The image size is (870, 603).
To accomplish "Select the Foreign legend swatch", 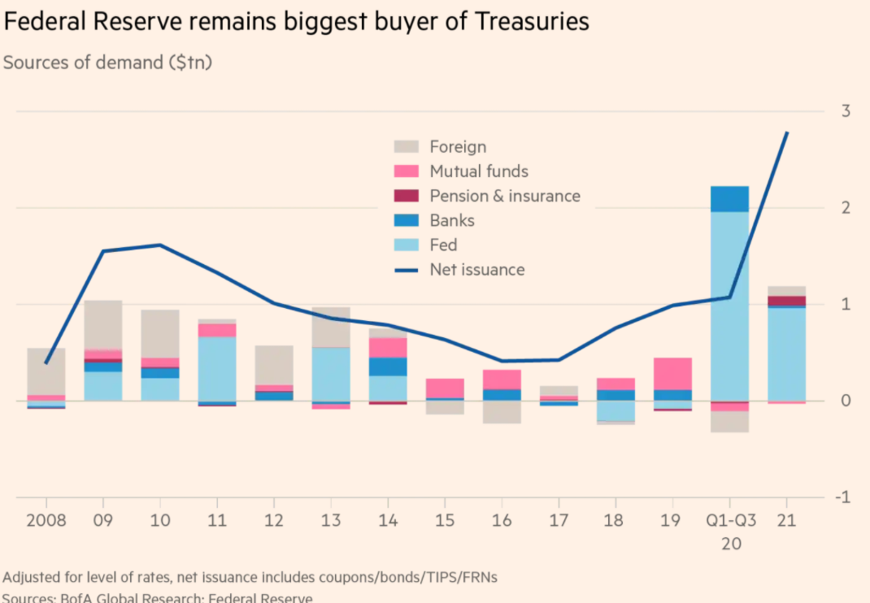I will tap(407, 147).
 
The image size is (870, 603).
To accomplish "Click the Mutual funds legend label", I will tap(479, 171).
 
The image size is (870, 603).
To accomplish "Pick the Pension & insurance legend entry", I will tap(505, 196).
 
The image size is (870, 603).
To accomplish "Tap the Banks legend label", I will tap(452, 220).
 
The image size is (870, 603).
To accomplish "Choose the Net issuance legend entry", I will tap(477, 270).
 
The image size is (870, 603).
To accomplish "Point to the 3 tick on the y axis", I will tap(846, 111).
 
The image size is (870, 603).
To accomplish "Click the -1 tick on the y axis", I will tap(843, 497).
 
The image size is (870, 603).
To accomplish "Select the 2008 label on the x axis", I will tap(46, 520).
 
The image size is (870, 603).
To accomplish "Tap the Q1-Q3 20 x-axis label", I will tap(729, 530).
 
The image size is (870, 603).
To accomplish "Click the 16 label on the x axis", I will tap(502, 520).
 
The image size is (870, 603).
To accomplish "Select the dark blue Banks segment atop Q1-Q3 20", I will tap(729, 199).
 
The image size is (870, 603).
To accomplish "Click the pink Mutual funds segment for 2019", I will tap(672, 374).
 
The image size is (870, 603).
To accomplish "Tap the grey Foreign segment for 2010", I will tap(160, 333).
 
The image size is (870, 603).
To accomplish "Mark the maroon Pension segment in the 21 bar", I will tap(786, 301).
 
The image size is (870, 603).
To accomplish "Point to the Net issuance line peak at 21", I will tap(787, 132).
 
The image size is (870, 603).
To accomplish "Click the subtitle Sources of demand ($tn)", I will tap(107, 63).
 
